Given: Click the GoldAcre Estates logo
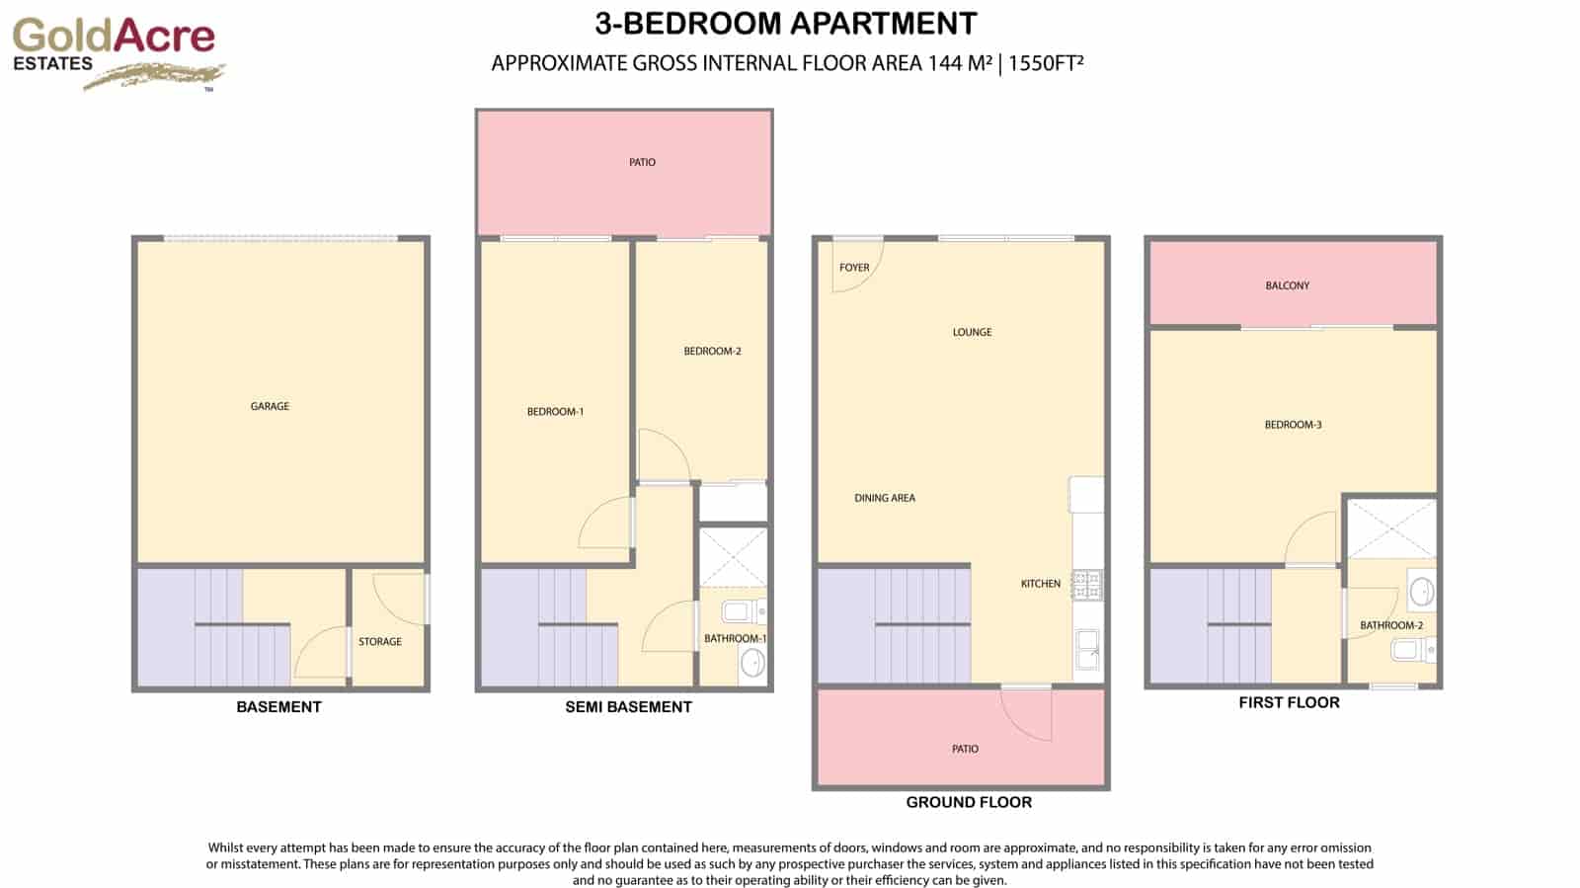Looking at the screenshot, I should click(116, 52).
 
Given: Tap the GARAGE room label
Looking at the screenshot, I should click(270, 406).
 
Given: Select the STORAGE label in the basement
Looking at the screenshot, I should click(380, 642).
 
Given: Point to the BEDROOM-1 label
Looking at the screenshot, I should click(555, 412).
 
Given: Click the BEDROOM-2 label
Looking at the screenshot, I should click(712, 352).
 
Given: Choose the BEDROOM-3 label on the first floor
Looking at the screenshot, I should click(1293, 425).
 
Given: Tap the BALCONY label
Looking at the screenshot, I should click(1288, 285).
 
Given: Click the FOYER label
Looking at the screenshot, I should click(854, 268).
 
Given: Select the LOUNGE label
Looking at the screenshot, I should click(972, 332).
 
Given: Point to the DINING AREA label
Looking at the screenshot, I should click(885, 498).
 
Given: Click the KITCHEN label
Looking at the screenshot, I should click(1041, 584).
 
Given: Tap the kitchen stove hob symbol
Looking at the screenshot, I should click(1087, 585).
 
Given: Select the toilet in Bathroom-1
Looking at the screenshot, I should click(741, 611).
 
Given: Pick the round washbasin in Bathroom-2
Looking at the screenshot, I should click(1421, 592).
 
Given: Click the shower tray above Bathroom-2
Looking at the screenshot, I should click(1391, 528).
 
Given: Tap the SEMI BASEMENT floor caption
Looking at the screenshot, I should click(628, 707).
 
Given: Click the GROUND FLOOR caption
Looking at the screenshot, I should click(969, 803).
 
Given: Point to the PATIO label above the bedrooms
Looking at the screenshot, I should click(642, 162).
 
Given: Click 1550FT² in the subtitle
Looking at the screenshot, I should click(1046, 63).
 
